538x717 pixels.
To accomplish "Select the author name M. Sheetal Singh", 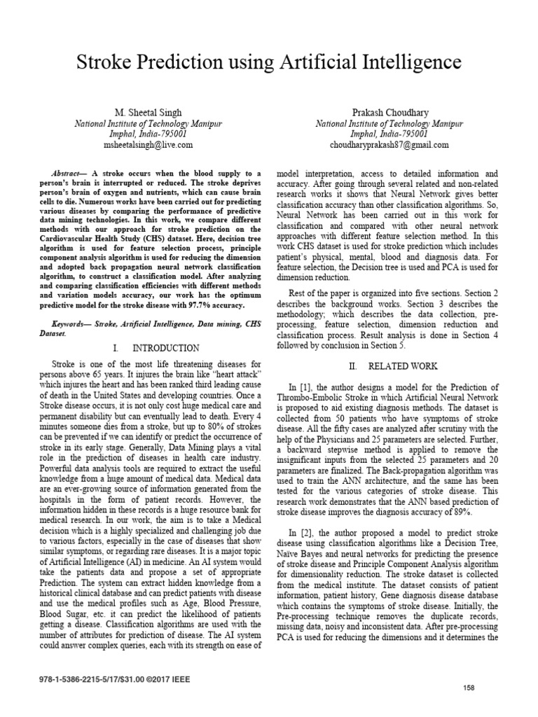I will (148, 112).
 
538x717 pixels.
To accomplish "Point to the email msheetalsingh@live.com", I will (148, 144).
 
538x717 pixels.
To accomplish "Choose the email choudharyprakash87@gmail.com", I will (389, 144).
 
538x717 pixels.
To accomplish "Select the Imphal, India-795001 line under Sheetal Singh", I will (148, 133).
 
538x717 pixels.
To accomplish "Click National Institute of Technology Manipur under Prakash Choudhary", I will (389, 123).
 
